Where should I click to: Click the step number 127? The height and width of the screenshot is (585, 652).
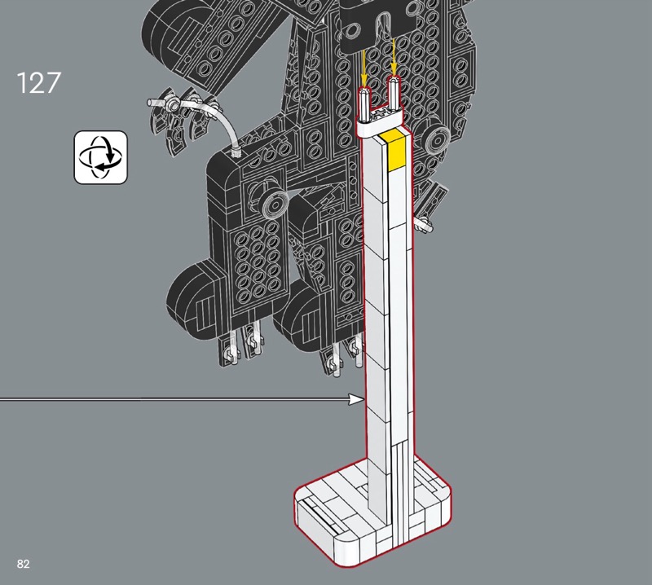click(38, 83)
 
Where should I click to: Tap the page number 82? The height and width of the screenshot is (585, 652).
click(24, 563)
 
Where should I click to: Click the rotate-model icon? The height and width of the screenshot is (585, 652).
click(100, 157)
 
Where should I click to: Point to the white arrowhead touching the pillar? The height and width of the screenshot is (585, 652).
click(357, 399)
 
